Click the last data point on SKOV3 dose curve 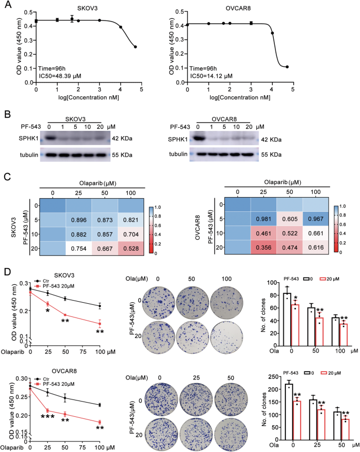[x=135, y=47]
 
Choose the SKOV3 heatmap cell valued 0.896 [x=78, y=219]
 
